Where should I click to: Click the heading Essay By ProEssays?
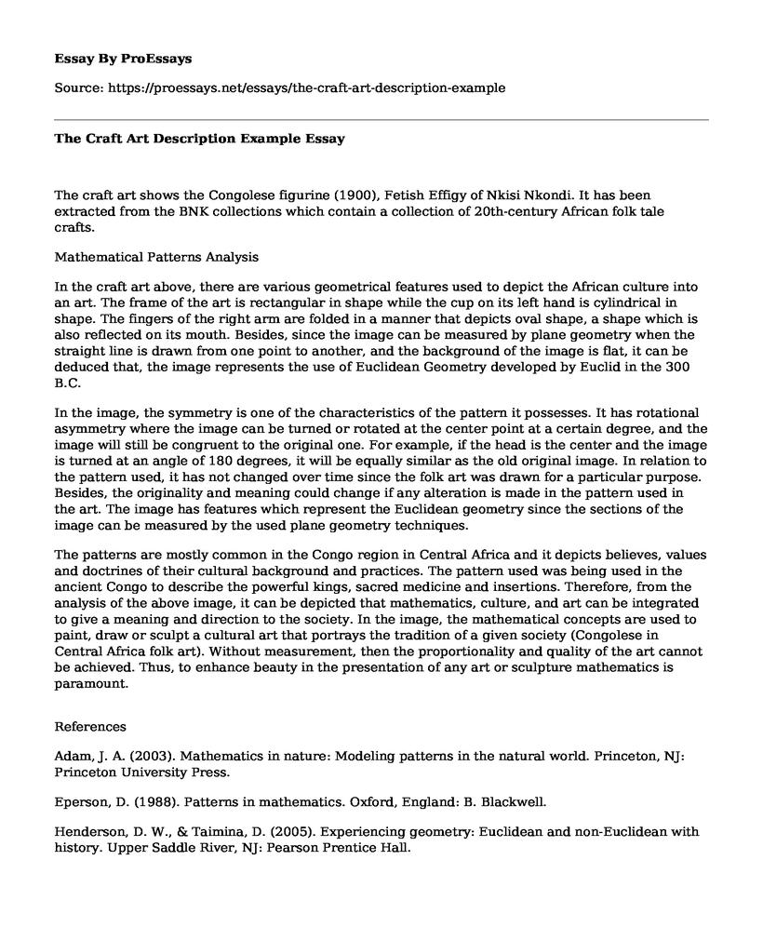[x=123, y=58]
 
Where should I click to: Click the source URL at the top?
[x=314, y=88]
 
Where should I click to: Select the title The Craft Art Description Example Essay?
[x=199, y=139]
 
